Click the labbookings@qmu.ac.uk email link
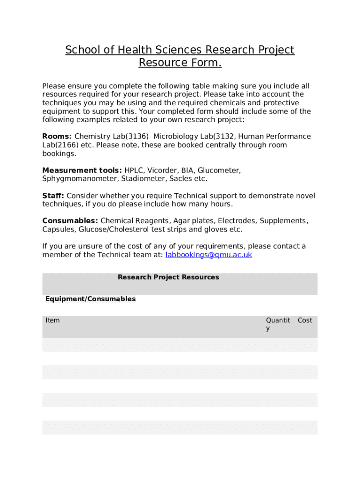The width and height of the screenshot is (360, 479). (209, 255)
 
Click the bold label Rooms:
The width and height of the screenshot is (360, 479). (57, 137)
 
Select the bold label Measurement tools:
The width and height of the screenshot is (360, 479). (82, 171)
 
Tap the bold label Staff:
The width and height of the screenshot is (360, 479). (53, 196)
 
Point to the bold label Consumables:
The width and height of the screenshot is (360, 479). (70, 221)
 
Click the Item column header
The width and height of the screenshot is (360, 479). (52, 320)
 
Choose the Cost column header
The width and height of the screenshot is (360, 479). (305, 320)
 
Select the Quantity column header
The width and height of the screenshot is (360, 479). (278, 324)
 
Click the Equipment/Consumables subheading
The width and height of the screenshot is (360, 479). (90, 299)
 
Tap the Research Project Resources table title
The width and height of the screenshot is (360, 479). (168, 277)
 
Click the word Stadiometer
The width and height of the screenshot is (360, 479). (143, 179)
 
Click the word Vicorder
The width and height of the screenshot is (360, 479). (162, 171)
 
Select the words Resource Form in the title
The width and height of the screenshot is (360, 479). (180, 62)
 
